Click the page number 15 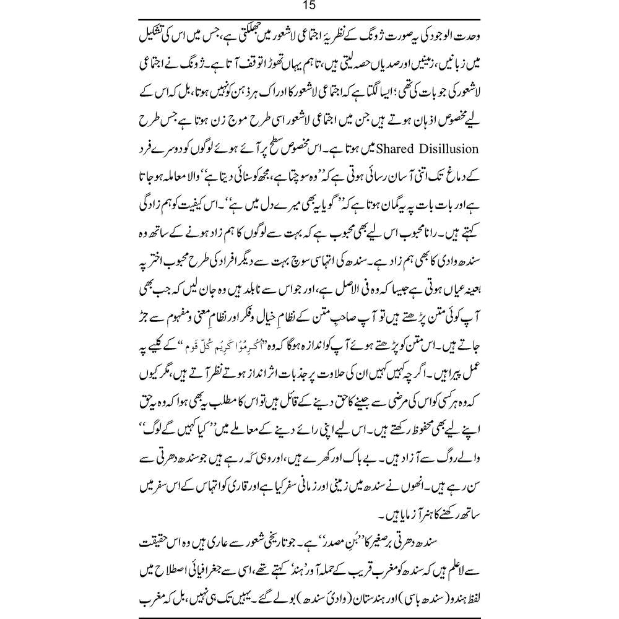[309, 7]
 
